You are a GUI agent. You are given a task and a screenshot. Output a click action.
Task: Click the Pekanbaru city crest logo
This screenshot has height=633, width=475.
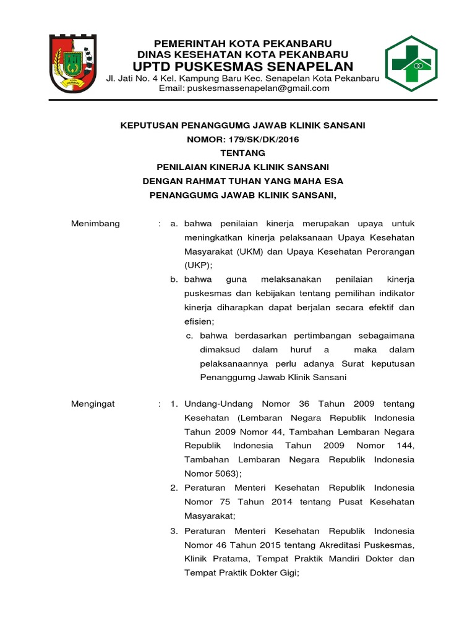(73, 64)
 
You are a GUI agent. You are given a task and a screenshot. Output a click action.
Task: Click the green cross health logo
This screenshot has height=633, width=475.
(419, 64)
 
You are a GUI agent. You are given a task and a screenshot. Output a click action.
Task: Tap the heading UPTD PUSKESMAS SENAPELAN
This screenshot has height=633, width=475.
(243, 67)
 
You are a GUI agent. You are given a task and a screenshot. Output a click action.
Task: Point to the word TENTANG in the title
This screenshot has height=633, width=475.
(242, 153)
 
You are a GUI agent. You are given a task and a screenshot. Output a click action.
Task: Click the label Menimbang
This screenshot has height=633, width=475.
(96, 223)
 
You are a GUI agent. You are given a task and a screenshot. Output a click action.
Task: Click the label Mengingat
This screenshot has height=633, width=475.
(93, 404)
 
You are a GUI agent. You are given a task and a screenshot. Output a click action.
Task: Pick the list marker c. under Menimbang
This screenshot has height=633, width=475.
(190, 336)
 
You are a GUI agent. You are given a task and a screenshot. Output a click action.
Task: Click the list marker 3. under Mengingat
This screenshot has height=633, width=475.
(174, 531)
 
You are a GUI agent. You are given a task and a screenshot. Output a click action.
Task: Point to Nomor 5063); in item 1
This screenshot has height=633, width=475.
(213, 474)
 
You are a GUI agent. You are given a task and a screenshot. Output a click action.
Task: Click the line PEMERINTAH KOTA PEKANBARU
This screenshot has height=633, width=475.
(243, 43)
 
